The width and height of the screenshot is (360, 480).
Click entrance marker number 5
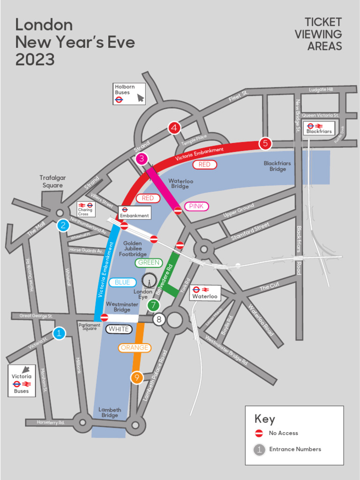click(265, 143)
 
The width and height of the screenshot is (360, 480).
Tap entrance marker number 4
click(174, 127)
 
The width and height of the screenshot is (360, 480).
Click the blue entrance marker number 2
click(63, 225)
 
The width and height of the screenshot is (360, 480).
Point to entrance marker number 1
click(59, 333)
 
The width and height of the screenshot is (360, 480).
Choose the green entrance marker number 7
click(153, 305)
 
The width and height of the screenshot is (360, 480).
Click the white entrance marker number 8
click(159, 319)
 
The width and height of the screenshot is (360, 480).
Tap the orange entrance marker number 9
click(136, 377)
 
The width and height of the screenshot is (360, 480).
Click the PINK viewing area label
click(196, 206)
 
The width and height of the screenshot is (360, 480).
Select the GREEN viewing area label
click(149, 262)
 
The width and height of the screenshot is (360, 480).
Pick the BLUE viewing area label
click(122, 282)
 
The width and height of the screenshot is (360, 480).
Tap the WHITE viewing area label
click(119, 329)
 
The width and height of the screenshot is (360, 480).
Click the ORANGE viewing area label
click(135, 348)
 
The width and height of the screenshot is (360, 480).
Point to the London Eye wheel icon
click(149, 280)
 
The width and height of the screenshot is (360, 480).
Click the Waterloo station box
click(205, 293)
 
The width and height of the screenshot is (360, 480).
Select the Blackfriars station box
click(319, 128)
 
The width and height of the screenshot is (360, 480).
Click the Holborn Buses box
click(129, 93)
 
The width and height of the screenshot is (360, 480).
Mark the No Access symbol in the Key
click(259, 433)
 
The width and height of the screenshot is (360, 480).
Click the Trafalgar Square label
click(52, 181)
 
